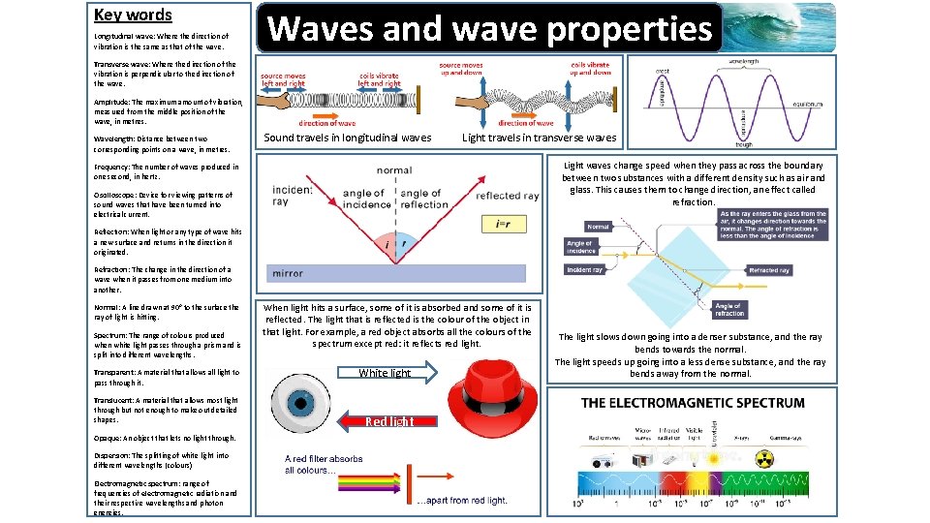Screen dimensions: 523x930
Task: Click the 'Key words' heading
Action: pos(133,15)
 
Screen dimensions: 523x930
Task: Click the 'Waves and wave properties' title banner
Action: pos(489,28)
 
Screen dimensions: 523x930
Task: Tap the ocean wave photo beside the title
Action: pos(781,26)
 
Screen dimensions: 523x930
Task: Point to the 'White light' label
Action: pos(385,373)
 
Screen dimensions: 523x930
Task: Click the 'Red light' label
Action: pos(389,421)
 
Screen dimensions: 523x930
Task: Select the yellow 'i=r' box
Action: pos(504,224)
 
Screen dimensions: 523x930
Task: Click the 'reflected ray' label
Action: pos(507,197)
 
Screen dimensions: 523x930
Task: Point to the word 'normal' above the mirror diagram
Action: pos(394,170)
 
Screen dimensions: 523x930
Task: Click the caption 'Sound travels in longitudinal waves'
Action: pos(348,138)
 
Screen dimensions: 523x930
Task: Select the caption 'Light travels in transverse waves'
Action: pos(539,138)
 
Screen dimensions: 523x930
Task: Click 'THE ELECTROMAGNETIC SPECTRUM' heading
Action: pos(693,402)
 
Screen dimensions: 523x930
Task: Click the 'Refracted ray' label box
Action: pos(769,271)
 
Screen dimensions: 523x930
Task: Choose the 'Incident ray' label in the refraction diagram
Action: pos(584,270)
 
